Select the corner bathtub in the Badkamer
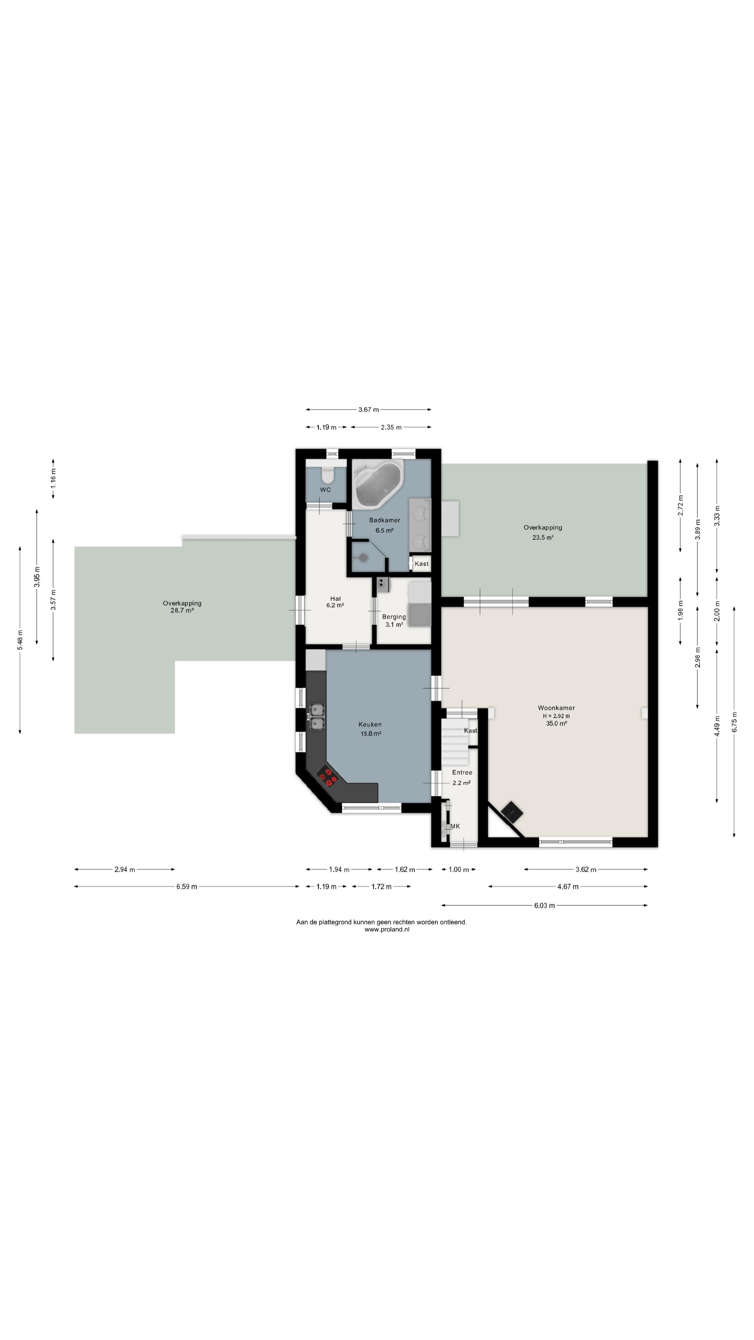[378, 484]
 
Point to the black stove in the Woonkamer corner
[511, 811]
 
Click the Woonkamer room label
[556, 707]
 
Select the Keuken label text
[370, 724]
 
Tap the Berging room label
[394, 616]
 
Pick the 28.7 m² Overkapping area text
[182, 610]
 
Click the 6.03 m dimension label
[544, 906]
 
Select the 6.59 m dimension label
[186, 886]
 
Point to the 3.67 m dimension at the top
[368, 409]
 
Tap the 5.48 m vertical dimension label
[20, 640]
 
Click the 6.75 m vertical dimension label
[734, 722]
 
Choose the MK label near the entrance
[455, 826]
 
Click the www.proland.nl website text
[387, 930]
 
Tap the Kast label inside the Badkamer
[421, 563]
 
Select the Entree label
[462, 773]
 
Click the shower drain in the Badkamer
[363, 558]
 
